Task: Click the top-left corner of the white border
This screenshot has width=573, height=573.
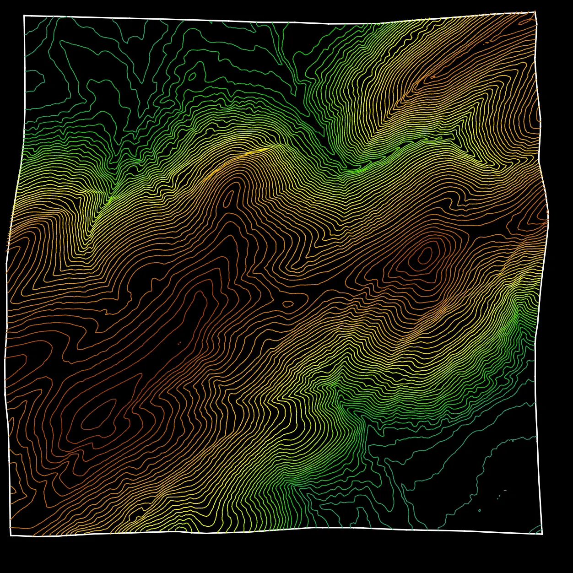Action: pyautogui.click(x=24, y=16)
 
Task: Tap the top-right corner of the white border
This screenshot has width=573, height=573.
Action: pyautogui.click(x=535, y=12)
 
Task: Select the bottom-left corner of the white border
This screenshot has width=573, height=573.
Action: pyautogui.click(x=11, y=535)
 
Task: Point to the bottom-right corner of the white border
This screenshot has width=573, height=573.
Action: pyautogui.click(x=542, y=534)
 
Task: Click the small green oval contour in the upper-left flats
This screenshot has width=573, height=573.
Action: pyautogui.click(x=193, y=76)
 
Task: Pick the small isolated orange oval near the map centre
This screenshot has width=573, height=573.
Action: pyautogui.click(x=288, y=303)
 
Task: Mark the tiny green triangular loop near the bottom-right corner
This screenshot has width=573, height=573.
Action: pyautogui.click(x=479, y=510)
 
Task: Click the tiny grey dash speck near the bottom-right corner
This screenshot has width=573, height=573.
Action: pyautogui.click(x=505, y=490)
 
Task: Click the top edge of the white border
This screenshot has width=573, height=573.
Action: pyautogui.click(x=275, y=22)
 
